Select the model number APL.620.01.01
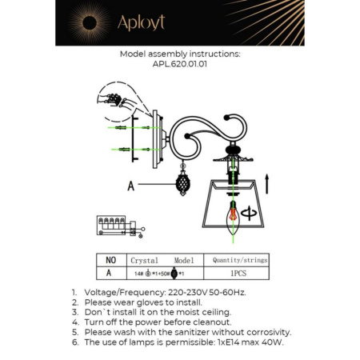click(x=179, y=67)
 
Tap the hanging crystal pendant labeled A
click(x=182, y=184)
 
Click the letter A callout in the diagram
click(x=130, y=184)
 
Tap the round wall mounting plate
click(x=156, y=140)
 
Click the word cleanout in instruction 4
click(x=211, y=322)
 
